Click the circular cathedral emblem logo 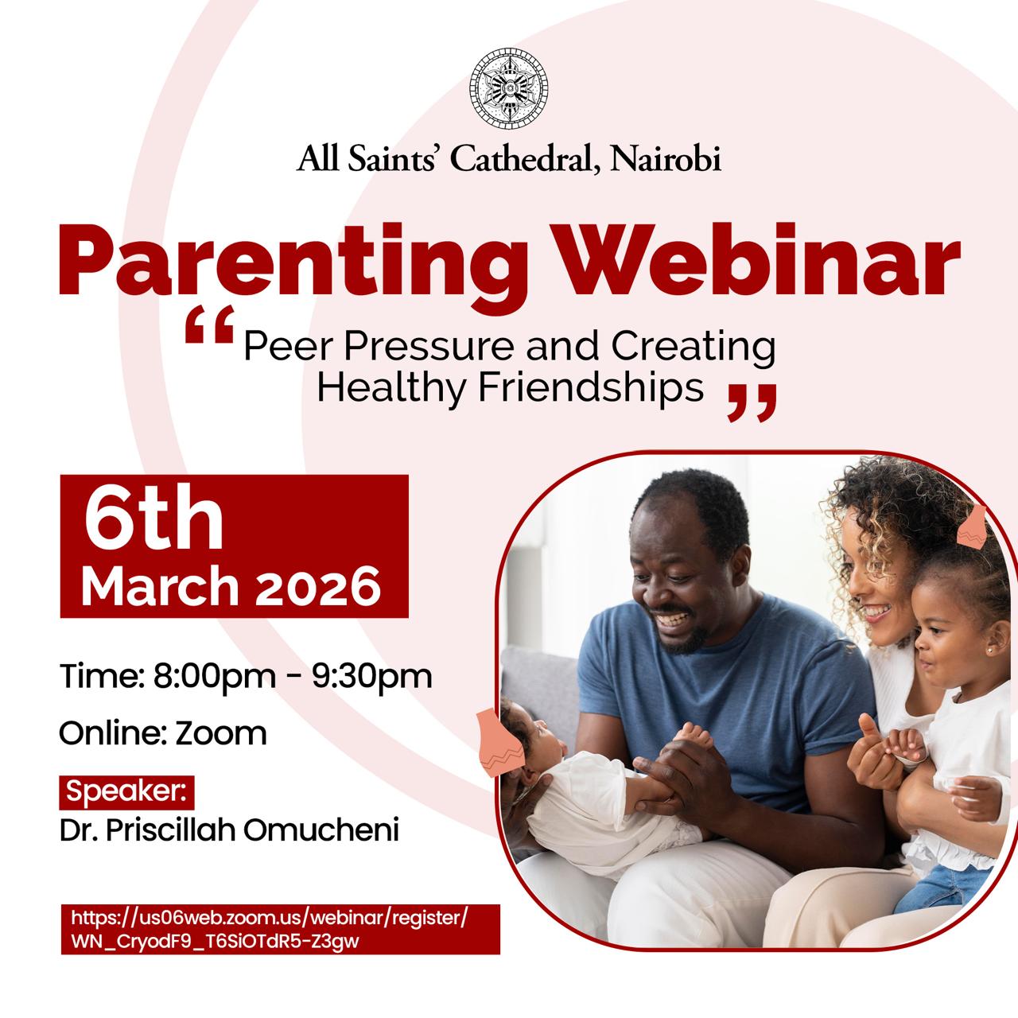508,87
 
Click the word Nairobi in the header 666,158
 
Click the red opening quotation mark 209,324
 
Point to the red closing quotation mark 752,402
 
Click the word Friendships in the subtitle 591,388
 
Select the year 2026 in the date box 317,586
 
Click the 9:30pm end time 372,677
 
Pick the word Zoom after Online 221,734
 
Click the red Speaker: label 126,792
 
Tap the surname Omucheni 321,830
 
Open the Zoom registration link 280,929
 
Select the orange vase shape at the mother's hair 972,527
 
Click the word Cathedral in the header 526,158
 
